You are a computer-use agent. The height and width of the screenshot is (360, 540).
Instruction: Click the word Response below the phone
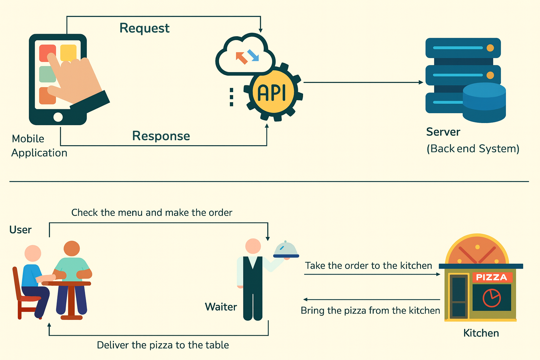tap(161, 136)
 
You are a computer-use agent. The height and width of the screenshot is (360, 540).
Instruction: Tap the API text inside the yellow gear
tap(272, 92)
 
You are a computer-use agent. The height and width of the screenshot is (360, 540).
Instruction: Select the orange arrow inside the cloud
tap(242, 58)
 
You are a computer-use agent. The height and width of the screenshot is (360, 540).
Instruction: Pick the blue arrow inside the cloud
tap(253, 55)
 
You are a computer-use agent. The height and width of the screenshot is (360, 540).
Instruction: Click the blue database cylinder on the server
tap(484, 102)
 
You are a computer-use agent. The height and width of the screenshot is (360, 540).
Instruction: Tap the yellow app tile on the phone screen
tap(68, 53)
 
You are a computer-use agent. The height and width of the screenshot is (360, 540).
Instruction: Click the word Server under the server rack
tap(443, 132)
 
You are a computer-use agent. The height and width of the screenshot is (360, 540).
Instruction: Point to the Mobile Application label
tap(39, 146)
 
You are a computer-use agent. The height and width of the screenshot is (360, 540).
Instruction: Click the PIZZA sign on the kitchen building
tap(492, 277)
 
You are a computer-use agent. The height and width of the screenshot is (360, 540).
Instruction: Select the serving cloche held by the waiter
tap(286, 249)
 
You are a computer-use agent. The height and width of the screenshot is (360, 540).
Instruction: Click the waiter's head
tap(253, 246)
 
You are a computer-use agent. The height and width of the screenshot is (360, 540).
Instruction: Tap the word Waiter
tap(221, 307)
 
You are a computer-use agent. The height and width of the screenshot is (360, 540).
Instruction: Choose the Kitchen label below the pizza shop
tap(481, 333)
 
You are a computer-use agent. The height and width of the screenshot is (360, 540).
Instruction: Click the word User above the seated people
tap(20, 230)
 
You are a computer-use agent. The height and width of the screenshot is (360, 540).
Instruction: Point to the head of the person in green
tap(72, 248)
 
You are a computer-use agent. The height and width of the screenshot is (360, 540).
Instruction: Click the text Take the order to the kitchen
tap(368, 266)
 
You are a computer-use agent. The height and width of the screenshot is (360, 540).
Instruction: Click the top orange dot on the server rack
tap(490, 48)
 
